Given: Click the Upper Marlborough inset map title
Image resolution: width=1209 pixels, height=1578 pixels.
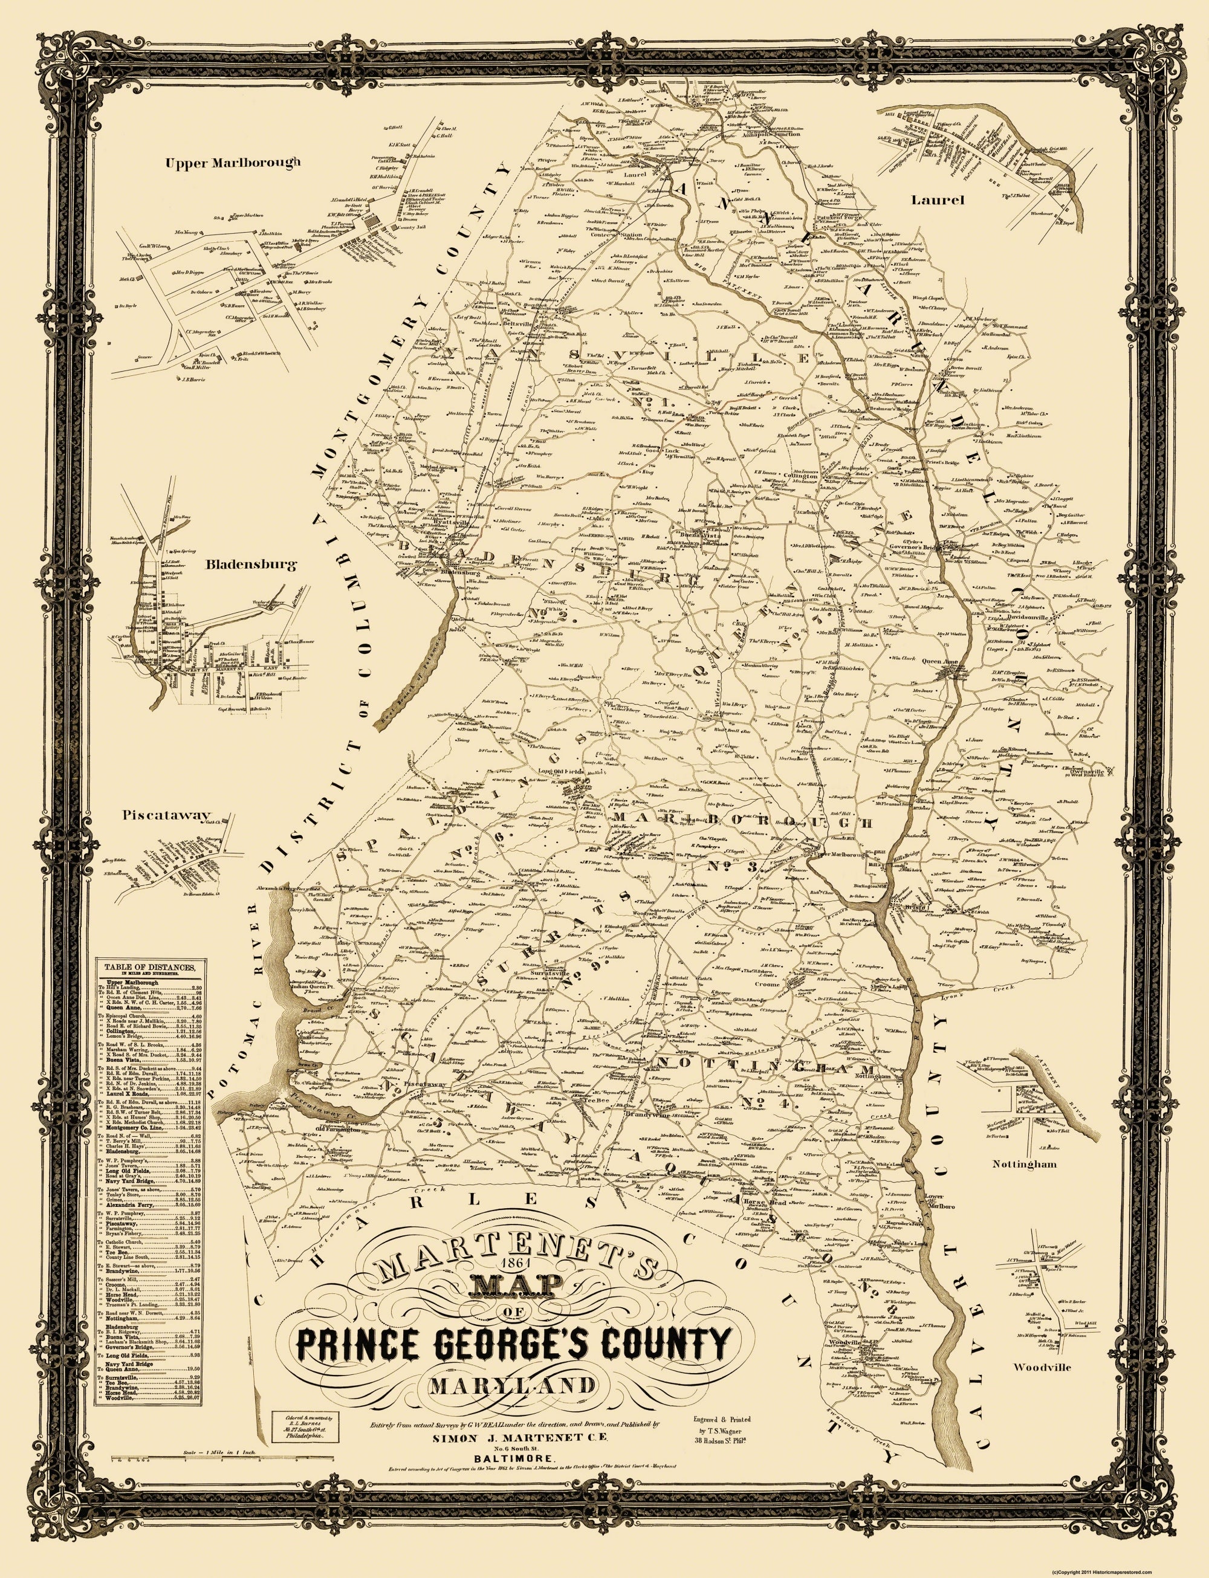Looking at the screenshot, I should (233, 163).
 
